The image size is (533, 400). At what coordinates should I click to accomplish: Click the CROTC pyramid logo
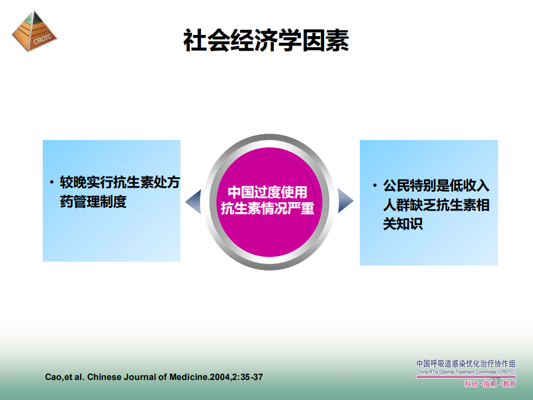(x=34, y=31)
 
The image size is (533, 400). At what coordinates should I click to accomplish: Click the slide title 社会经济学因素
(x=266, y=41)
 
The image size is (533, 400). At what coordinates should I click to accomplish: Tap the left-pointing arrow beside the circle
(x=193, y=202)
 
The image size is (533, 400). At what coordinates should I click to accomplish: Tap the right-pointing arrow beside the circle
(x=346, y=201)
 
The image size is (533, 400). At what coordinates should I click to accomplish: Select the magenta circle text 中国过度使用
(x=268, y=192)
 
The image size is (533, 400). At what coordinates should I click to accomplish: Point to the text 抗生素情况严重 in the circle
(x=268, y=208)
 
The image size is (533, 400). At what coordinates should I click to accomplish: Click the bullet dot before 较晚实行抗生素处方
(x=52, y=182)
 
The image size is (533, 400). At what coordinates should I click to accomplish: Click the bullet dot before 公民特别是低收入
(x=375, y=186)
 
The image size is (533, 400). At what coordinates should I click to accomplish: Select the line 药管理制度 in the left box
(x=93, y=202)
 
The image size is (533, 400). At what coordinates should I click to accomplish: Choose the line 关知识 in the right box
(x=403, y=224)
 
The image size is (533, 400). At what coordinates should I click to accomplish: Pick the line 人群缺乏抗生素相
(x=436, y=205)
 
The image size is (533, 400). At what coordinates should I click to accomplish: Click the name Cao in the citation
(x=52, y=377)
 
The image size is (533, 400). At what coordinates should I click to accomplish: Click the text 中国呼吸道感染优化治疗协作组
(x=466, y=363)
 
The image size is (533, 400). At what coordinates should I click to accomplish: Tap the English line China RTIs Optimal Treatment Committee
(x=466, y=372)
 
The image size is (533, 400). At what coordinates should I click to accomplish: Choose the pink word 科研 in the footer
(x=471, y=384)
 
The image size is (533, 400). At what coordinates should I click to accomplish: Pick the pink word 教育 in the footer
(x=509, y=384)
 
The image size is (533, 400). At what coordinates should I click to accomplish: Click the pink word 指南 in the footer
(x=490, y=384)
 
